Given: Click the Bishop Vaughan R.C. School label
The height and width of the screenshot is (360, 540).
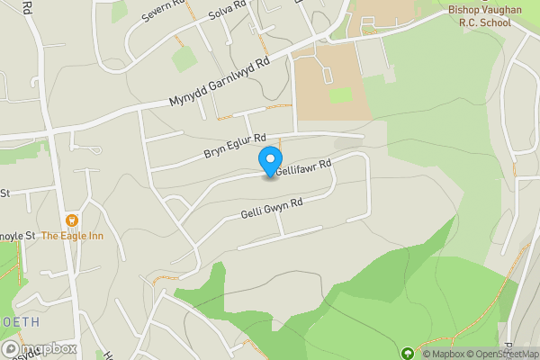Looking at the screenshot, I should click(491, 14).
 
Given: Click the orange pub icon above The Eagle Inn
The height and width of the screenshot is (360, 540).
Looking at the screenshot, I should click(72, 220).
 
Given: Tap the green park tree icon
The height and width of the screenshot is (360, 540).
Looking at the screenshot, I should click(407, 354).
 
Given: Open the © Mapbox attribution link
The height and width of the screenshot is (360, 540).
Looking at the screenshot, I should click(442, 354).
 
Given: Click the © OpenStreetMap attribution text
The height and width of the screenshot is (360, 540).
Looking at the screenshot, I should click(500, 354).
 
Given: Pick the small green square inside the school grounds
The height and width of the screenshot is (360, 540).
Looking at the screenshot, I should click(339, 94).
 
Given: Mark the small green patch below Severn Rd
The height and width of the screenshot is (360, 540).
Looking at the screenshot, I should click(184, 59).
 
